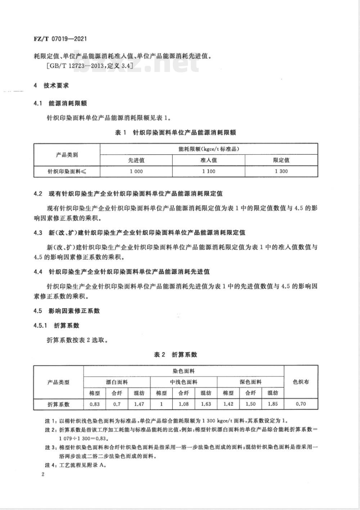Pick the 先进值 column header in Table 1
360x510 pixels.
click(136, 160)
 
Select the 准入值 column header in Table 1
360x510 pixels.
click(208, 160)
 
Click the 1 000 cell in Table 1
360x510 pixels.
click(136, 171)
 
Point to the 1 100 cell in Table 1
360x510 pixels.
click(208, 171)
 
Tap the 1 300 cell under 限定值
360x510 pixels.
click(281, 171)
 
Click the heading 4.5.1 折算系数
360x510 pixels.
click(56, 325)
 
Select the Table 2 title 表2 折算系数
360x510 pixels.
click(175, 355)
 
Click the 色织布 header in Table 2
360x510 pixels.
click(301, 382)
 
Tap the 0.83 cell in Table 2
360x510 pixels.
click(95, 404)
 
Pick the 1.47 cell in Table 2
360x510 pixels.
click(139, 404)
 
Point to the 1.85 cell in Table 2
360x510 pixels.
click(273, 404)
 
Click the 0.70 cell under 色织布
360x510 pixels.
click(301, 404)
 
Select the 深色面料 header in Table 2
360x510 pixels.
click(251, 382)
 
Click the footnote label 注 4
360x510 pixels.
click(50, 464)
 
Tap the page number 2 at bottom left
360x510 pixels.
click(43, 475)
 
